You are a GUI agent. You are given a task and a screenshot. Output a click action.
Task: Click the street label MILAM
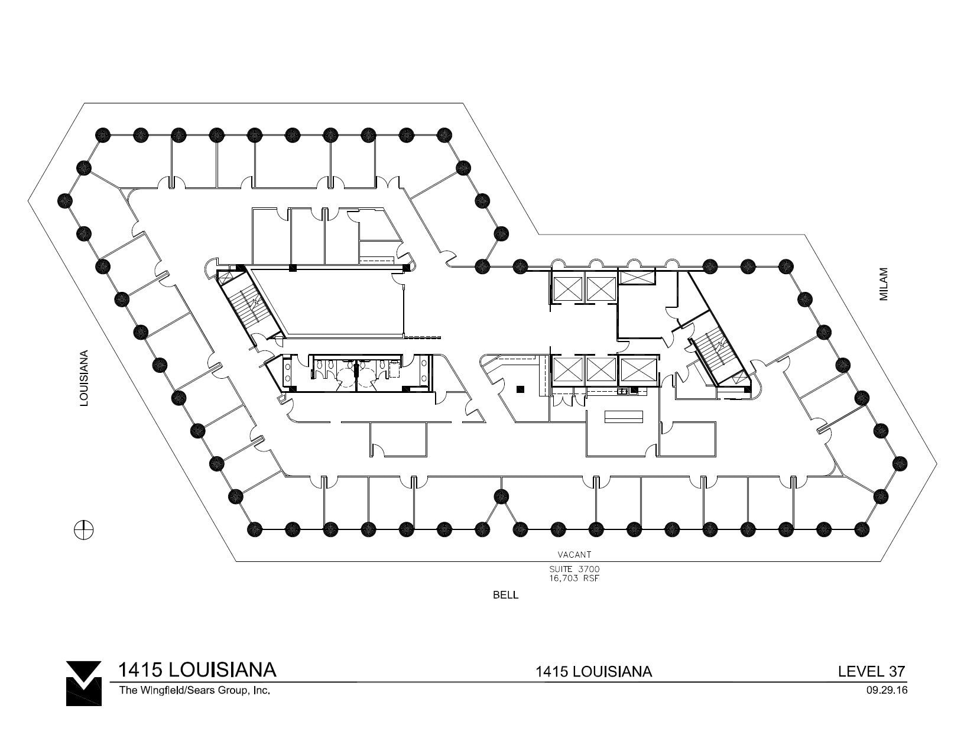tap(884, 284)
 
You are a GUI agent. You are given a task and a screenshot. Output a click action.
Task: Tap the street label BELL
tap(505, 595)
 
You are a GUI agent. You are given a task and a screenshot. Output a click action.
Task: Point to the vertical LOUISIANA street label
tap(85, 379)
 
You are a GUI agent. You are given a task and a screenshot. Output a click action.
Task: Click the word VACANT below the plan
tap(574, 555)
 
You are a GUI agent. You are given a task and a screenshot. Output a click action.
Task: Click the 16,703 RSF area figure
tap(574, 578)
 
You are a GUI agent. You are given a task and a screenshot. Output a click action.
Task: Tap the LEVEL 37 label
tap(872, 671)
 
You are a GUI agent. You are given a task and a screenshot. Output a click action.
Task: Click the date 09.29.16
tap(885, 690)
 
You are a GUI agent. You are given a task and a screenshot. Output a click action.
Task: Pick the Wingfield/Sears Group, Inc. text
tap(194, 690)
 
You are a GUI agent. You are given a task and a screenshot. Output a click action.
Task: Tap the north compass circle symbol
tap(84, 529)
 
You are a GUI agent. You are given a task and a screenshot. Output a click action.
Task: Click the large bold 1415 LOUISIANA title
tap(197, 670)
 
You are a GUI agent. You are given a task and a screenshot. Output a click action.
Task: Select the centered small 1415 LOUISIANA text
tap(593, 672)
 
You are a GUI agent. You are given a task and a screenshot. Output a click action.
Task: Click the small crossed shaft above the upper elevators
tap(637, 277)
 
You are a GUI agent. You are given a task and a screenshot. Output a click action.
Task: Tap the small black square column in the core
tap(520, 389)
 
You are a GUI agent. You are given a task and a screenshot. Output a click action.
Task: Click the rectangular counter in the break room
tap(624, 417)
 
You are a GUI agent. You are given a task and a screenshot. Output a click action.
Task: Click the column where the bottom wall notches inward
tap(501, 495)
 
